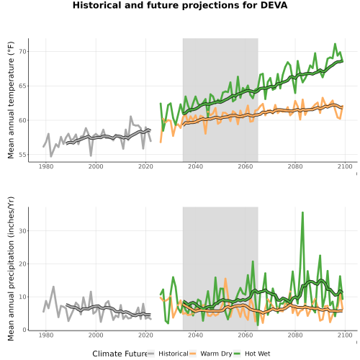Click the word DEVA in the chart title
pyautogui.click(x=274, y=5)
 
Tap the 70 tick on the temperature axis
pyautogui.click(x=22, y=52)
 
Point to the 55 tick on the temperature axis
pyautogui.click(x=22, y=155)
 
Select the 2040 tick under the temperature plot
pyautogui.click(x=195, y=166)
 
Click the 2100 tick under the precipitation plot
pyautogui.click(x=345, y=335)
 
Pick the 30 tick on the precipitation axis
pyautogui.click(x=22, y=231)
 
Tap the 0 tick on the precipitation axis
pyautogui.click(x=24, y=330)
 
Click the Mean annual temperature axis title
pyautogui.click(x=11, y=100)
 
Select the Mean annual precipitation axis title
pyautogui.click(x=11, y=269)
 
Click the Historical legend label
pyautogui.click(x=174, y=354)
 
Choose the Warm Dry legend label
pyautogui.click(x=216, y=354)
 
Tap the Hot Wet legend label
pyautogui.click(x=257, y=354)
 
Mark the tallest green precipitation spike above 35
pyautogui.click(x=302, y=212)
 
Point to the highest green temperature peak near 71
pyautogui.click(x=335, y=44)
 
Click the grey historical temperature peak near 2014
pyautogui.click(x=131, y=117)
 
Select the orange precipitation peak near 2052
pyautogui.click(x=225, y=279)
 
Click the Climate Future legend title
pyautogui.click(x=120, y=354)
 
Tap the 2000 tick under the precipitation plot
pyautogui.click(x=96, y=335)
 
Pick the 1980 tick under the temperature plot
pyautogui.click(x=46, y=166)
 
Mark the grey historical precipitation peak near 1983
pyautogui.click(x=53, y=287)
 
